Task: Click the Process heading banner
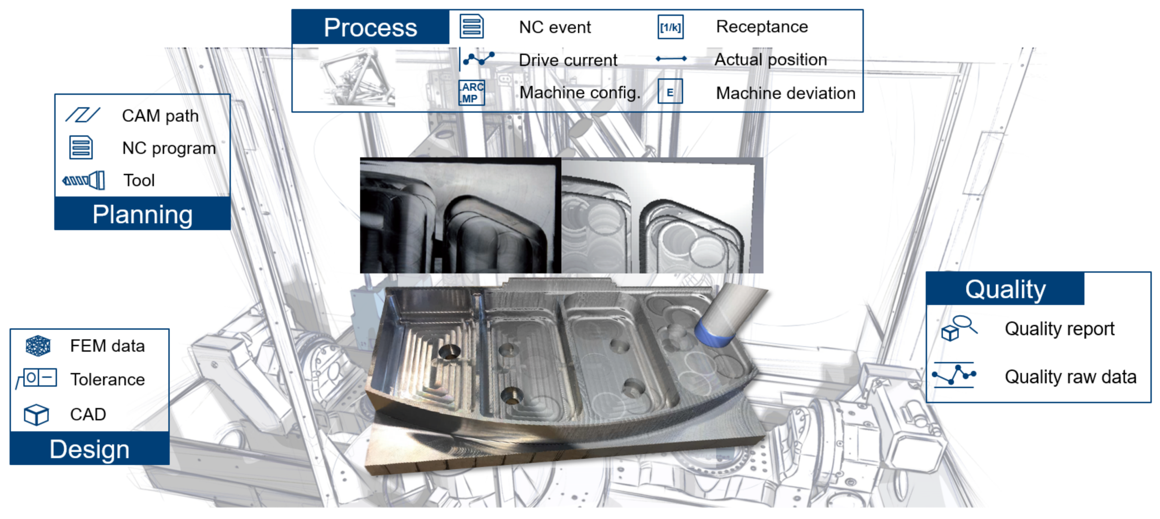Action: pyautogui.click(x=370, y=27)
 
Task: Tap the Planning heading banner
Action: pyautogui.click(x=142, y=214)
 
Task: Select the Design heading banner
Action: pyautogui.click(x=89, y=448)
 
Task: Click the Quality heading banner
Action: pyautogui.click(x=1005, y=289)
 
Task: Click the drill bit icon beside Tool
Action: pyautogui.click(x=84, y=180)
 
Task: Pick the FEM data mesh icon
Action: pyautogui.click(x=38, y=346)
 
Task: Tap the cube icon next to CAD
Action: pyautogui.click(x=36, y=415)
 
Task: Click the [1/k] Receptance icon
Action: pyautogui.click(x=670, y=27)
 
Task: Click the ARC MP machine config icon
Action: pyautogui.click(x=472, y=93)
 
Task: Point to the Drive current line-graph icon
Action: pyautogui.click(x=479, y=58)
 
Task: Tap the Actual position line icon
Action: pyautogui.click(x=671, y=58)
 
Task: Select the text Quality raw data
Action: pyautogui.click(x=1071, y=376)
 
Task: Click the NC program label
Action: pyautogui.click(x=169, y=148)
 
